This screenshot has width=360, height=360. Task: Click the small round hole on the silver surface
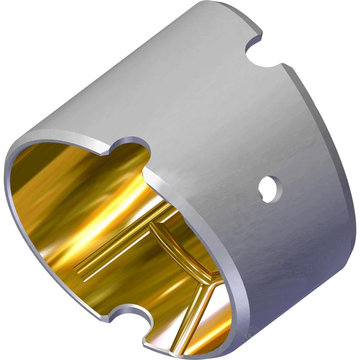[270, 185]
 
